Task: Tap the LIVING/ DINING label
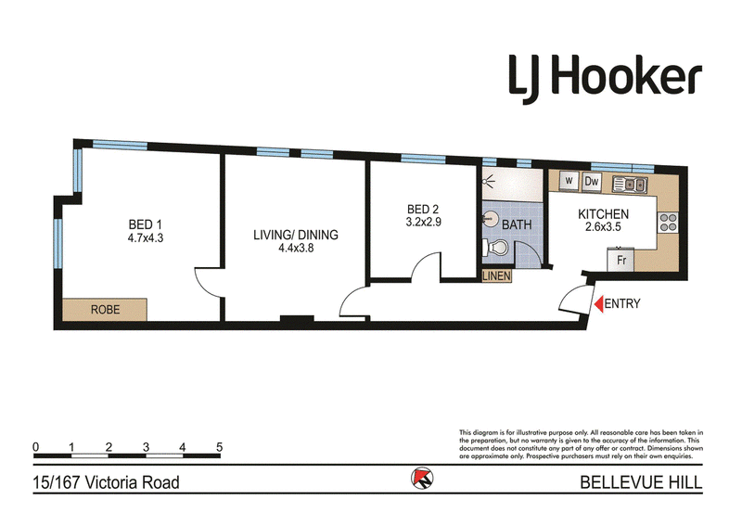(x=296, y=235)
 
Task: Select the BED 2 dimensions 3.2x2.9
(x=424, y=222)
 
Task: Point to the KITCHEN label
(x=604, y=214)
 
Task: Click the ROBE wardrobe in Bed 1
(x=105, y=310)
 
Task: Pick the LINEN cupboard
(x=496, y=276)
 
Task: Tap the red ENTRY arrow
(x=598, y=303)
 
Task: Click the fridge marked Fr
(x=620, y=260)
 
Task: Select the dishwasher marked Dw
(x=592, y=181)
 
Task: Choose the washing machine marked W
(x=569, y=181)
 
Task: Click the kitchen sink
(x=630, y=184)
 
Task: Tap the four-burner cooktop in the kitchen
(x=668, y=223)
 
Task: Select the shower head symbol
(x=489, y=180)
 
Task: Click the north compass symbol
(x=422, y=478)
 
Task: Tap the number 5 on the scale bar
(x=219, y=447)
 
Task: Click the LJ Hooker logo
(x=605, y=78)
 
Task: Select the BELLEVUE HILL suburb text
(x=641, y=482)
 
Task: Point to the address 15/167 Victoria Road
(x=106, y=483)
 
